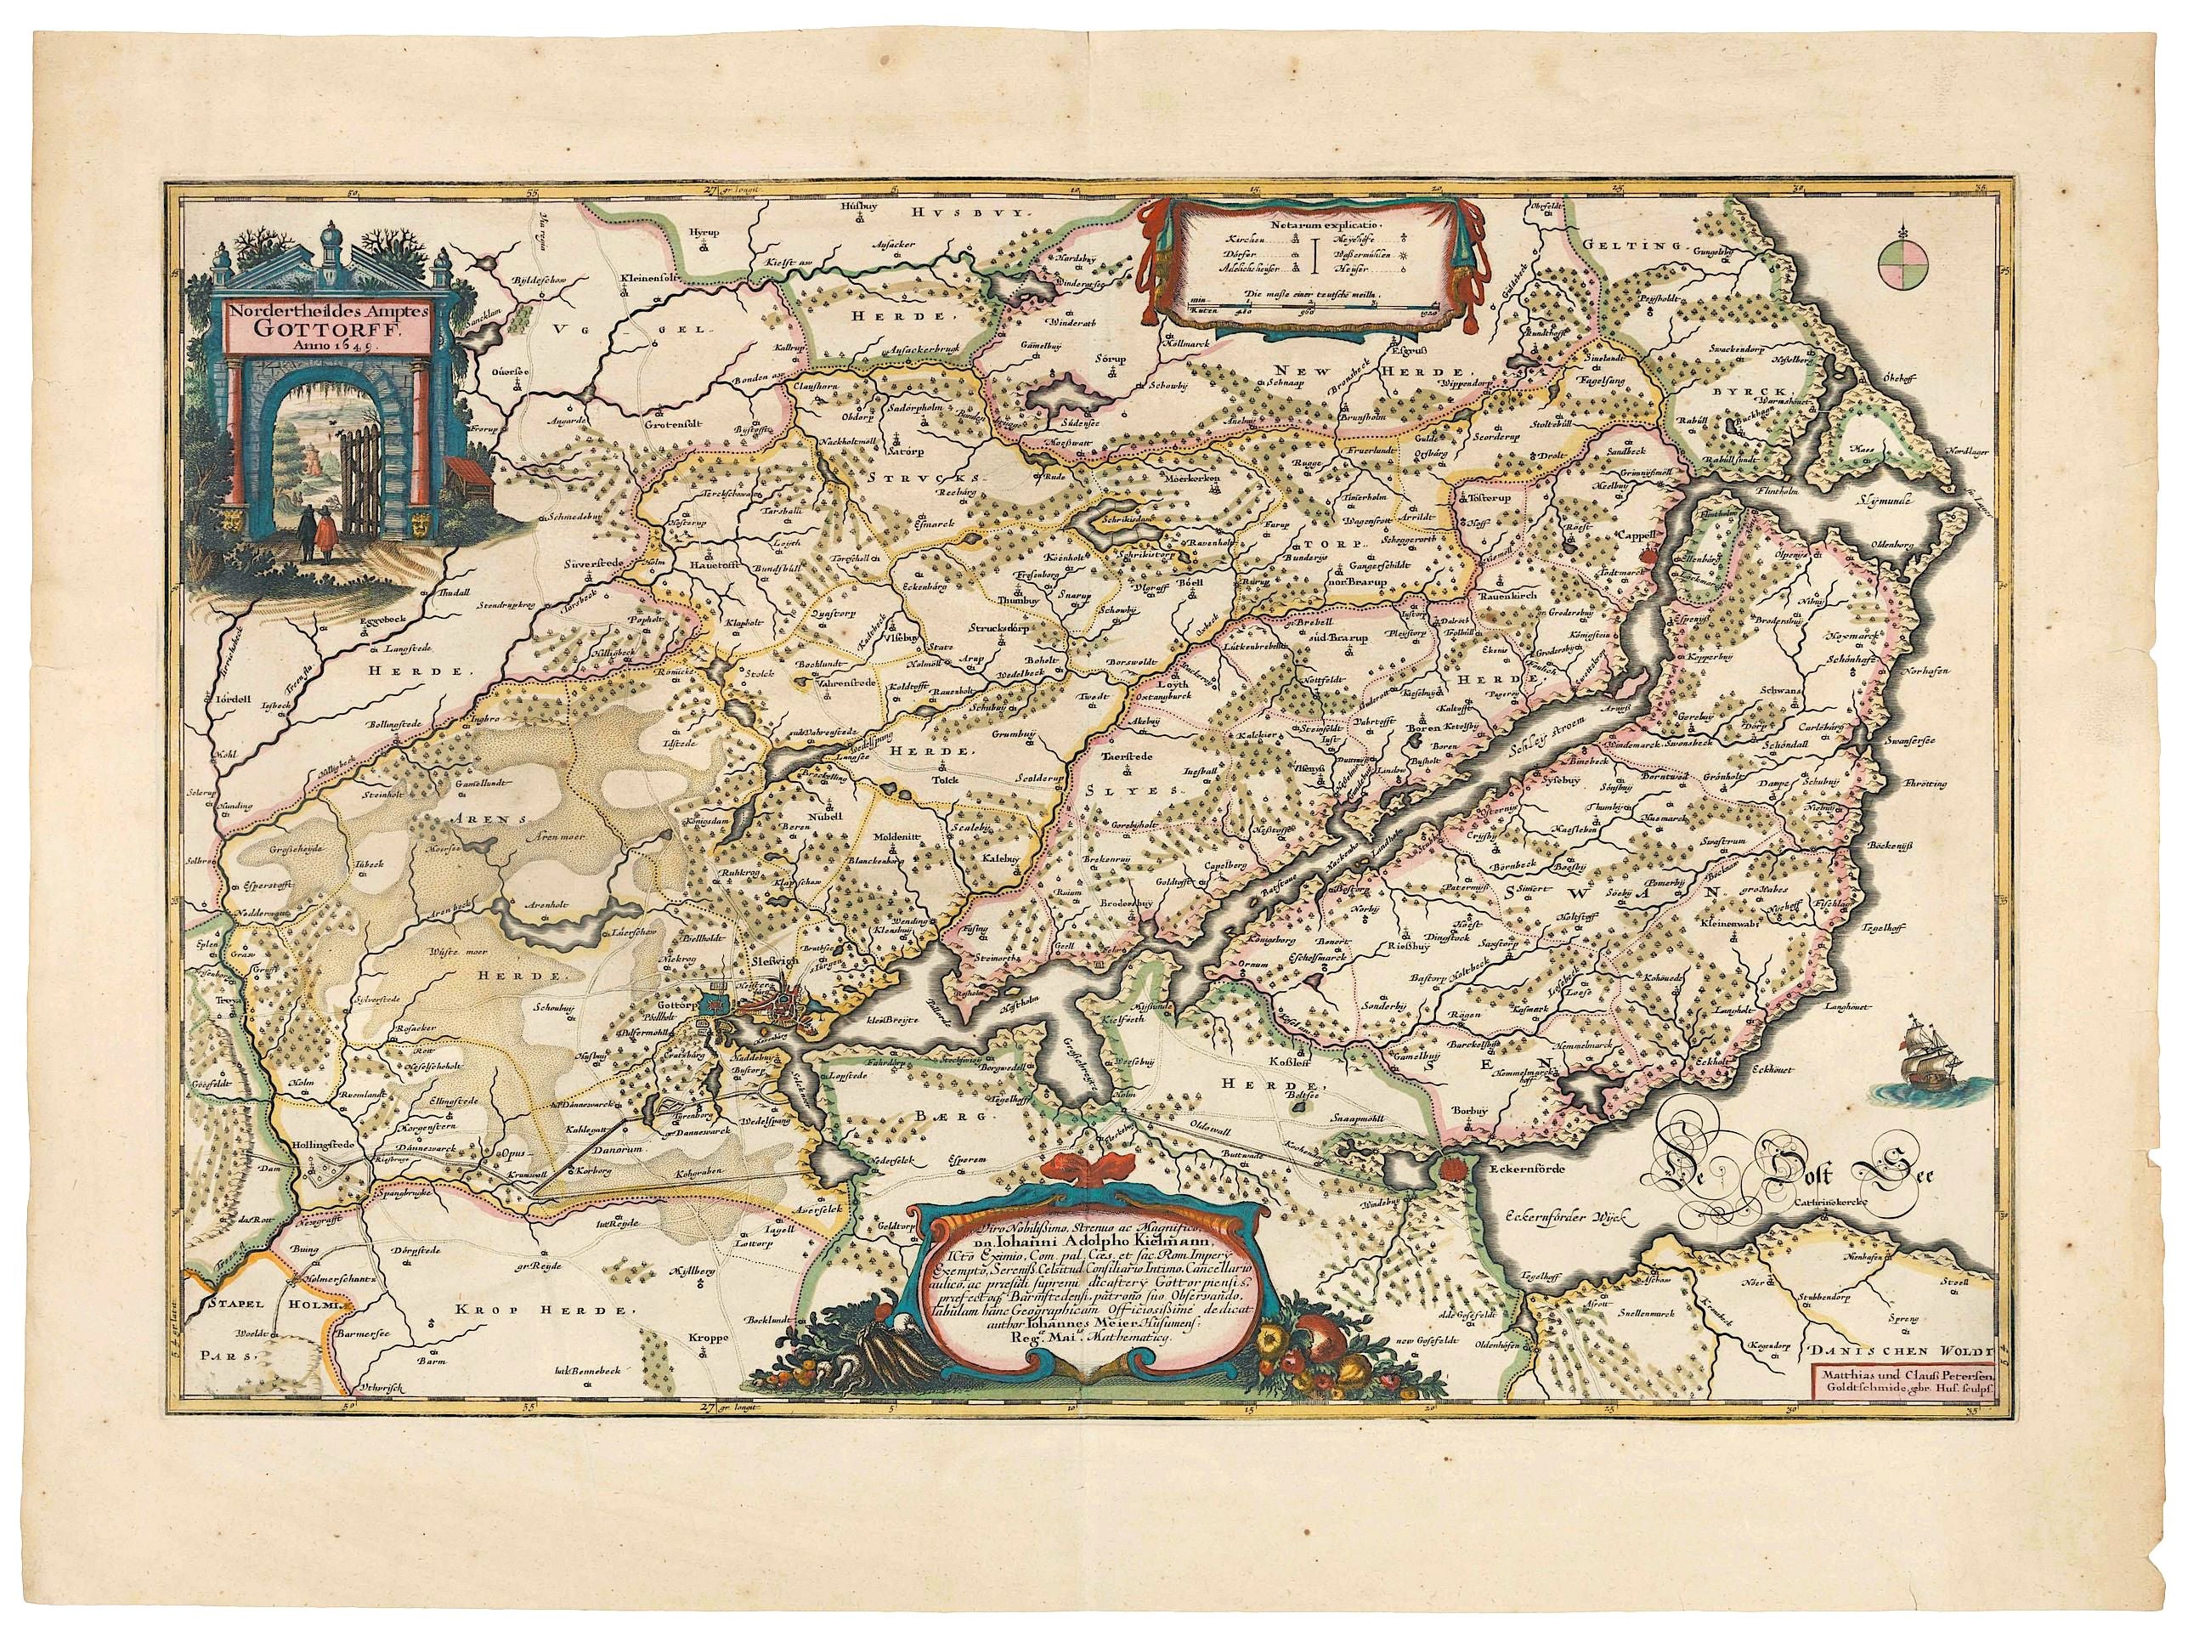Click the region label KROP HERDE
click(543, 1311)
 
